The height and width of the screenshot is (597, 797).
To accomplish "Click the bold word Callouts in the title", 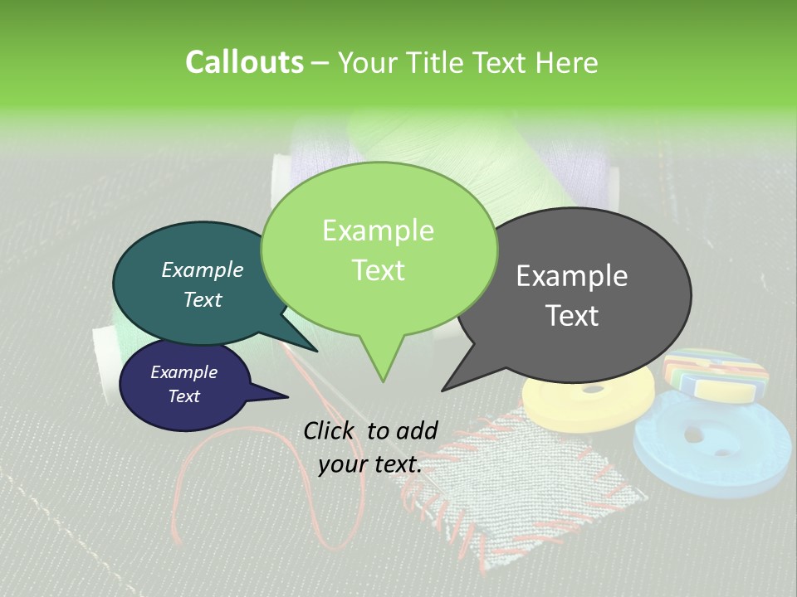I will (x=244, y=63).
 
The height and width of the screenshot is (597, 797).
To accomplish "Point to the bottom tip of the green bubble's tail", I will (x=383, y=381).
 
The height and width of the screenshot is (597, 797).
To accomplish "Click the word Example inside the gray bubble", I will (x=572, y=276).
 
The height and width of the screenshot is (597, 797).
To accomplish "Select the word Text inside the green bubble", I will (x=379, y=270).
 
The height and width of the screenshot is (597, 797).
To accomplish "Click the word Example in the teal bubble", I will (x=203, y=270).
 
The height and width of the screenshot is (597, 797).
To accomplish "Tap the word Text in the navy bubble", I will (x=184, y=396).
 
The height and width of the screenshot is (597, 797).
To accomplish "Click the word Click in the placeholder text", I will (x=330, y=430).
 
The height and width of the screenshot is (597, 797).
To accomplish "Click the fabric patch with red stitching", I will (x=531, y=481).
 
